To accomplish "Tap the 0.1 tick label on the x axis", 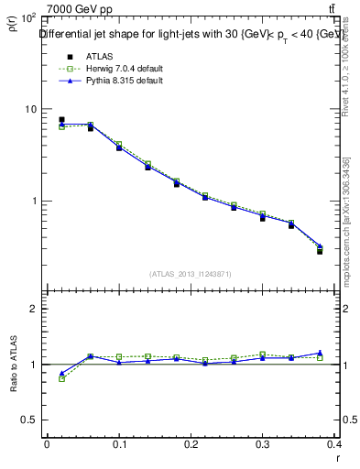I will click(119, 443).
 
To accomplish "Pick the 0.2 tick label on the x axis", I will click(191, 443).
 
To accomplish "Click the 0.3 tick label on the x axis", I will click(264, 443).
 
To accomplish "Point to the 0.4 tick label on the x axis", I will click(335, 443).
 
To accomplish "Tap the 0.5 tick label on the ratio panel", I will click(29, 420).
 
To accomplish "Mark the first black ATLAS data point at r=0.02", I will click(61, 119).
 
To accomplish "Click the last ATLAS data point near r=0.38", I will click(320, 250).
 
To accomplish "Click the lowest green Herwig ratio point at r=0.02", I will click(61, 378).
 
